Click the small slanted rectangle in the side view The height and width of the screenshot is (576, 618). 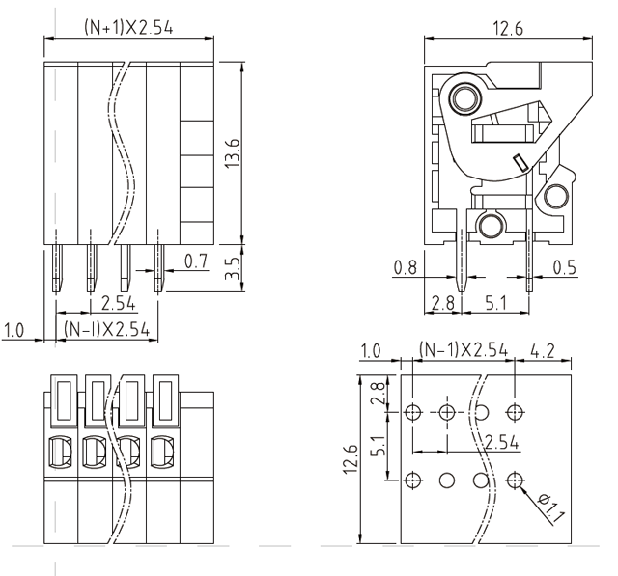point(519,163)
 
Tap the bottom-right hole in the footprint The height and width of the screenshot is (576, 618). point(514,480)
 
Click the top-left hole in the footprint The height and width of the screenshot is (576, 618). point(412,413)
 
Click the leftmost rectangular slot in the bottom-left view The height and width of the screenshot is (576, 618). point(60,401)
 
